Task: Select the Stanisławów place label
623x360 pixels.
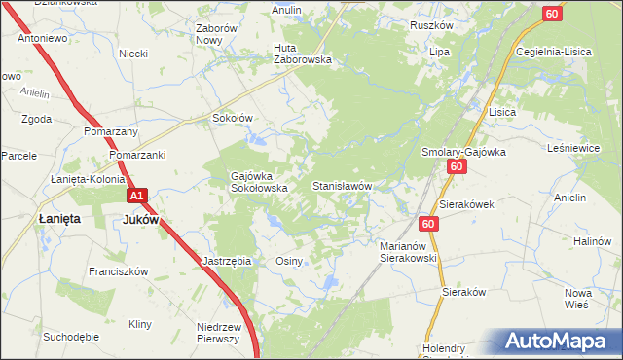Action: click(342, 185)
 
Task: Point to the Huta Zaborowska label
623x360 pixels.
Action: click(303, 54)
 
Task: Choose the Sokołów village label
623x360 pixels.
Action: click(233, 118)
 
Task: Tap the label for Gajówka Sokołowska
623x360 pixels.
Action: click(258, 182)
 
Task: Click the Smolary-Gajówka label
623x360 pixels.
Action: click(460, 152)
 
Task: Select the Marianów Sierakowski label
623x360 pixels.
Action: click(408, 253)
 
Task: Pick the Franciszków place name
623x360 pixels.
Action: click(118, 271)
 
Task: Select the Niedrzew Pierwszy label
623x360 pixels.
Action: click(218, 333)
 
